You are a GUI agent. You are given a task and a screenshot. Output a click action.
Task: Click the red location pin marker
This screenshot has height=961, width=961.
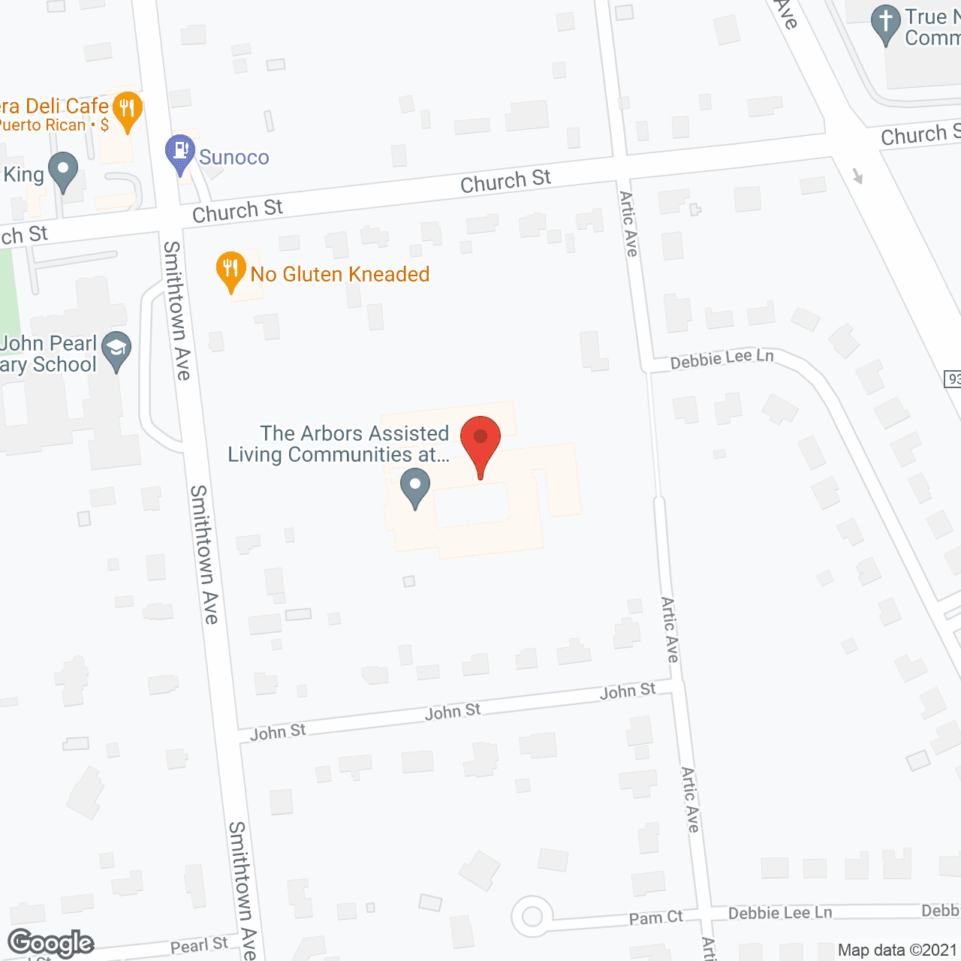(x=480, y=442)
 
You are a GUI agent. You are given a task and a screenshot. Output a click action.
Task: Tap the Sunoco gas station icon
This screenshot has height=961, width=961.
(x=180, y=153)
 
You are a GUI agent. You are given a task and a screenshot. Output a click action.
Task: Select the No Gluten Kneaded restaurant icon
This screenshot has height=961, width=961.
(x=231, y=271)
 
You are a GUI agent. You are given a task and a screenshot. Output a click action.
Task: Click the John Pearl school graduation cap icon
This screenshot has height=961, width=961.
(x=116, y=351)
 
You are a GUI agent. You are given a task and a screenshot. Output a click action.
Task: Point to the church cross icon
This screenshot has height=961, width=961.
(x=886, y=24)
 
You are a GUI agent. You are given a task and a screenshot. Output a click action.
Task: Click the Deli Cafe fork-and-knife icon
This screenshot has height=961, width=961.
(x=128, y=111)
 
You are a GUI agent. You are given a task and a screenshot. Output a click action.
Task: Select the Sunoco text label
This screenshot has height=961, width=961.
(x=234, y=158)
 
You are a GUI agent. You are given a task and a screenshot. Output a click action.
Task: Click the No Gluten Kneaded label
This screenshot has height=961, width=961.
(x=340, y=275)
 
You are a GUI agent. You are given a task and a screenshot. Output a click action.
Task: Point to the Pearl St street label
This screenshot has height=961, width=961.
(x=199, y=945)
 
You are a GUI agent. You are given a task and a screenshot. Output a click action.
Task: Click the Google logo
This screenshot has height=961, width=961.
(x=51, y=943)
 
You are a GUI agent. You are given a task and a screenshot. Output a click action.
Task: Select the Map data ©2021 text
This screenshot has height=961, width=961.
(x=898, y=950)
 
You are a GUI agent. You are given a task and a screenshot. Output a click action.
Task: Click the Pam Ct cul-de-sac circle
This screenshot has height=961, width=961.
(x=532, y=917)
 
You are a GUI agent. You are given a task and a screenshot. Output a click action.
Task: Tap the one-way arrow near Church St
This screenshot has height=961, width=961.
(x=858, y=176)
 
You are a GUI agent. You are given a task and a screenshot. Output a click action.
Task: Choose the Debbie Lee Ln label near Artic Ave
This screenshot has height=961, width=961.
(x=722, y=359)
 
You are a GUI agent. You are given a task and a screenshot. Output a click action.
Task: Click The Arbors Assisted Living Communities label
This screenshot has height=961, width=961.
(x=339, y=444)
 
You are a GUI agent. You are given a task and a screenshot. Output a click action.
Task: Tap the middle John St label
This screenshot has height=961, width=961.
(x=453, y=712)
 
